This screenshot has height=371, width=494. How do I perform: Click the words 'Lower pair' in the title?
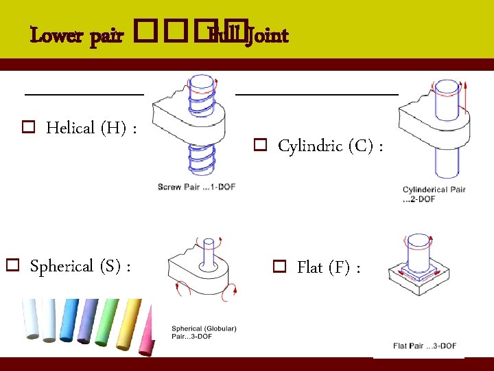point(77,35)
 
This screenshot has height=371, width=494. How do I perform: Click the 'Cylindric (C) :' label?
point(330,146)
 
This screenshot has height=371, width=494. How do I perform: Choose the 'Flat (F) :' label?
point(329,267)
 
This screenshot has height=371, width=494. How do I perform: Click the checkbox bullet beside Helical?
point(29,128)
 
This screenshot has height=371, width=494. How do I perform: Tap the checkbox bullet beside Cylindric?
point(260,146)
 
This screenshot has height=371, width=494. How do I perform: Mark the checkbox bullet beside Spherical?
point(12,265)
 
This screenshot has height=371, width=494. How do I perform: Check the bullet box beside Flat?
point(279,267)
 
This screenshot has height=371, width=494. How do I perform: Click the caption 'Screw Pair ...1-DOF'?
point(196,187)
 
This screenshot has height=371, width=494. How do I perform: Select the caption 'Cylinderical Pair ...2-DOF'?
point(434,194)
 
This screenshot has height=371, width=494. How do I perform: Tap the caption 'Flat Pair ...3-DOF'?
point(425,346)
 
